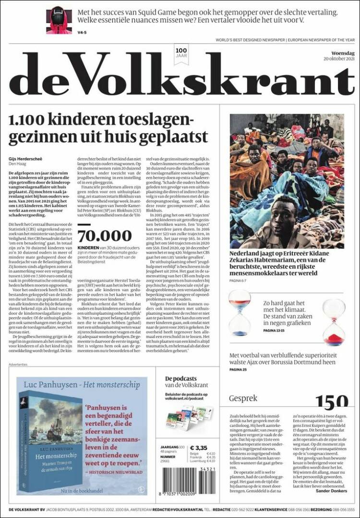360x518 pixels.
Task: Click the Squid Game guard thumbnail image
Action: pos(59,20)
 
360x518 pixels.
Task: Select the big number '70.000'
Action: pos(104,235)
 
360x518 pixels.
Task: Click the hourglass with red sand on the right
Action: pos(334,322)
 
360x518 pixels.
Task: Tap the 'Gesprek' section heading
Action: pos(243,398)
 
